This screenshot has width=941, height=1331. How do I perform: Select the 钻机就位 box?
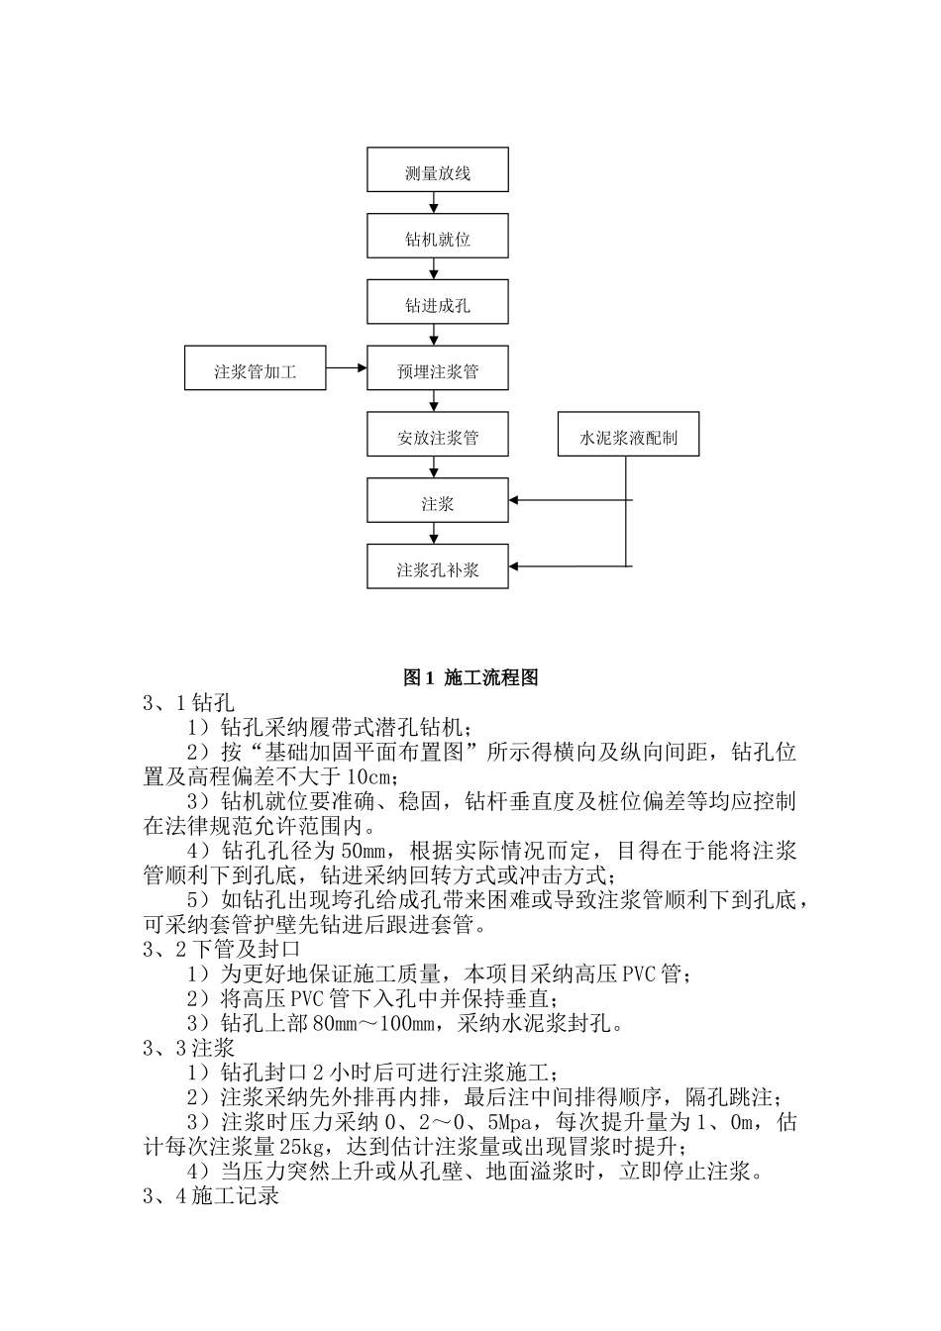click(x=437, y=238)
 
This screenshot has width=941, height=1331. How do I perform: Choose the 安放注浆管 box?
click(x=437, y=436)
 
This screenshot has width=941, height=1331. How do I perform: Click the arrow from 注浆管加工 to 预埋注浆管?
click(x=347, y=369)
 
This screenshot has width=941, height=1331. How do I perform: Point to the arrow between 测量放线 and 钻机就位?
click(x=434, y=204)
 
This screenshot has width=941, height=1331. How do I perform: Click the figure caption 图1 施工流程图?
click(x=470, y=678)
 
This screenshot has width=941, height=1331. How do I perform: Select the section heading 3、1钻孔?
click(x=189, y=704)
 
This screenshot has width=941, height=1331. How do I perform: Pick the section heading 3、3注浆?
click(x=189, y=1049)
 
